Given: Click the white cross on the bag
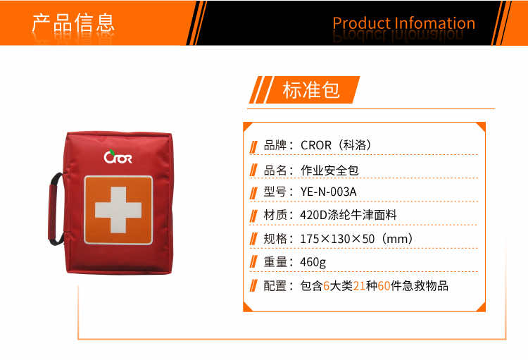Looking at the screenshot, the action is coord(118,210).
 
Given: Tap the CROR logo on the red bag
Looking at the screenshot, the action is coord(118,156).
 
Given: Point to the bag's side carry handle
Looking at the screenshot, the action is coord(55,209).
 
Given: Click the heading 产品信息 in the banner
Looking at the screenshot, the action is coord(73,23).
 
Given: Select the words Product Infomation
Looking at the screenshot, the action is coord(404,23).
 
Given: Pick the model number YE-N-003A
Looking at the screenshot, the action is coord(328,192).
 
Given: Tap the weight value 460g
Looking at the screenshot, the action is coord(313,262).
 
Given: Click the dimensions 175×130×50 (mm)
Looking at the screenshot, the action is coord(356,239).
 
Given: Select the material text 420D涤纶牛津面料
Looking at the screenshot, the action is coord(348,215).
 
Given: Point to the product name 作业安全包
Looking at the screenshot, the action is coord(329,170).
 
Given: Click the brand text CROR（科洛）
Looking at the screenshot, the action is coord(336,145).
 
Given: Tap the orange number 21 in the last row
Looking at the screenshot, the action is coord(359,286).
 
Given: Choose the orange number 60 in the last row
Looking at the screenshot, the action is coord(384,286).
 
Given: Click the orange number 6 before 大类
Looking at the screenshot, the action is coord(326,286).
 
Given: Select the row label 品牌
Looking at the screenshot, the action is coord(275,145).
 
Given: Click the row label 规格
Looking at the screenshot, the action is coord(275,239).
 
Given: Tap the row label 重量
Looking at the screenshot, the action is coord(275,262).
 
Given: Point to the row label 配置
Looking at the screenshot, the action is coord(275,286).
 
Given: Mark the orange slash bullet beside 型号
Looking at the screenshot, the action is coord(253,194).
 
